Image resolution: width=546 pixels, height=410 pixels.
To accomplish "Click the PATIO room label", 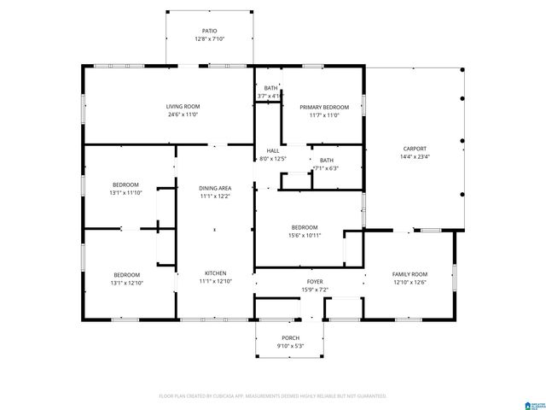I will (x=210, y=31).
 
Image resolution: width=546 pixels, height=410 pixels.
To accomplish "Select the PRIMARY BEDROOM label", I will (x=319, y=107).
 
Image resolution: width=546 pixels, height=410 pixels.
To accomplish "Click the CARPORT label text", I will (x=415, y=148).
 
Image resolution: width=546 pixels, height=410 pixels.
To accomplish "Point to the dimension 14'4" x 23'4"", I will (x=415, y=156).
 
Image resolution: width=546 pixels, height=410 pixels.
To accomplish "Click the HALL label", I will (x=272, y=150).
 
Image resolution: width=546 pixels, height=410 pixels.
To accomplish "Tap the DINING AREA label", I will (x=215, y=188).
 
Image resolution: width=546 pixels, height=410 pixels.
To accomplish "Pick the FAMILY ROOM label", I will (x=409, y=274).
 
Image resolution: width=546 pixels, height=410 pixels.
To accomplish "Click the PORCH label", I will (x=290, y=338).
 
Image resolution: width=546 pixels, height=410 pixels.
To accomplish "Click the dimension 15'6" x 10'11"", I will (x=305, y=235).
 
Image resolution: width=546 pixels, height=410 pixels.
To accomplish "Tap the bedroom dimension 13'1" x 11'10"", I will (x=125, y=193).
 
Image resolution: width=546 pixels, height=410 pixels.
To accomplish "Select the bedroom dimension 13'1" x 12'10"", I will (x=125, y=283).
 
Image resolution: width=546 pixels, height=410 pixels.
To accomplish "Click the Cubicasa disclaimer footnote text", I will (x=273, y=396).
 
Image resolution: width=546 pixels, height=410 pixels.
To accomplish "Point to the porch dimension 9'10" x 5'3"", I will (x=290, y=346).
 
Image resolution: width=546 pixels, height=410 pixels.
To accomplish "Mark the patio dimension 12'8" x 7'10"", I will (x=210, y=39).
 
